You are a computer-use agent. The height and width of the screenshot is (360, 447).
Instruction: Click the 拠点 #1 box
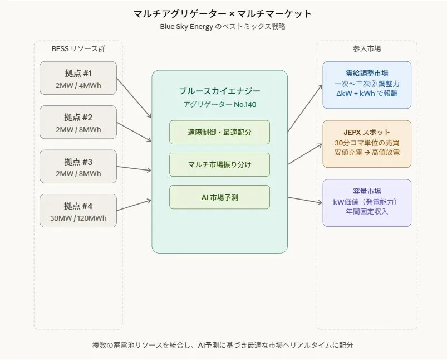click(78, 78)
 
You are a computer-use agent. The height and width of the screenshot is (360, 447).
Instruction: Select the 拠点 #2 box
click(78, 122)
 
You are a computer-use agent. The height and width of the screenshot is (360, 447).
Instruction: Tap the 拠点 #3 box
click(78, 166)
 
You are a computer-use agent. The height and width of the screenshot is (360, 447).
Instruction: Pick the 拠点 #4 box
click(78, 210)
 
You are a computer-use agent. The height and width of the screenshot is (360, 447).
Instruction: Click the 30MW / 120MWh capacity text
click(78, 218)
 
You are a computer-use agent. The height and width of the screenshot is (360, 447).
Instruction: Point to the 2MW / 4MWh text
click(78, 86)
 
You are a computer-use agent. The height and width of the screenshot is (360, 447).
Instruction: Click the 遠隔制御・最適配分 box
click(219, 132)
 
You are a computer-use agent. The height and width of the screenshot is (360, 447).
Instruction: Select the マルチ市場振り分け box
click(219, 164)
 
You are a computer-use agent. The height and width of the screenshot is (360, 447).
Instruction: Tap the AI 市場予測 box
click(219, 197)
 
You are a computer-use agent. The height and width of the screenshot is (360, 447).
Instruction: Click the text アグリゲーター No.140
click(219, 104)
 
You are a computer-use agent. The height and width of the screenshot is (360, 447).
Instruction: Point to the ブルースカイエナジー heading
click(219, 91)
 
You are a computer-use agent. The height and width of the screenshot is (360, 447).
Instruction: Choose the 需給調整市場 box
click(367, 85)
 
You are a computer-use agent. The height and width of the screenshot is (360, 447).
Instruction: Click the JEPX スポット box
click(367, 144)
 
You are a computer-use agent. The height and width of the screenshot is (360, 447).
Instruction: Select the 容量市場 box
click(367, 203)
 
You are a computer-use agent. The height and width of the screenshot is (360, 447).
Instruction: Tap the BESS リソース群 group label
click(78, 49)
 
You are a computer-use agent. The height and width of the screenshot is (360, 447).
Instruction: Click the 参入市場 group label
click(367, 49)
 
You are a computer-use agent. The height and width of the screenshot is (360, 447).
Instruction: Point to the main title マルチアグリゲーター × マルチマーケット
click(223, 13)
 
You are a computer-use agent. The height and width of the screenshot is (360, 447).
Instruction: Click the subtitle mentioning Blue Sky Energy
click(223, 26)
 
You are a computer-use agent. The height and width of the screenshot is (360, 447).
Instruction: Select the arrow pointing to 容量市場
click(304, 200)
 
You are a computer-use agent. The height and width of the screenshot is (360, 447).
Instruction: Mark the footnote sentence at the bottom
click(223, 345)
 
